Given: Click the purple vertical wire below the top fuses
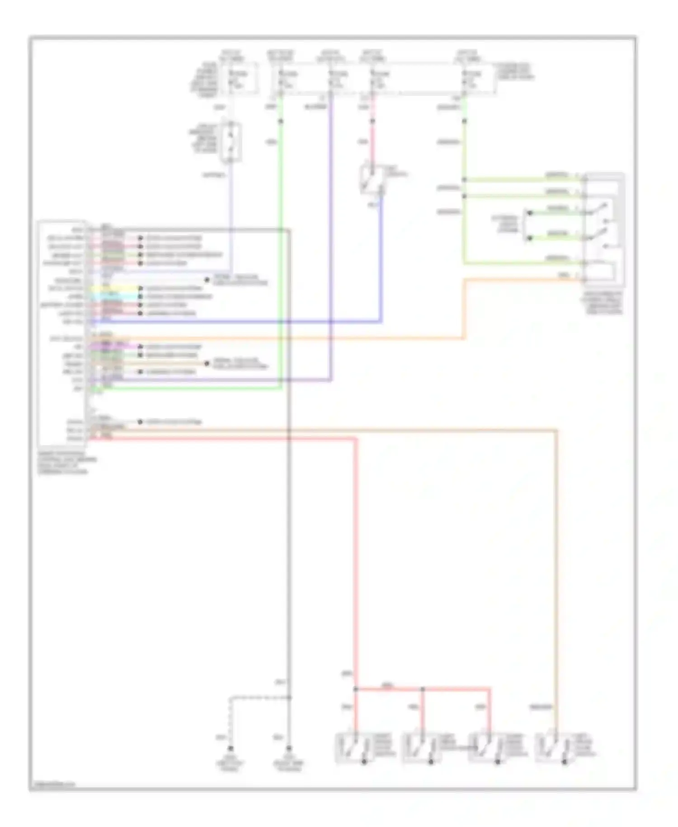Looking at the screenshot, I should point(331,226).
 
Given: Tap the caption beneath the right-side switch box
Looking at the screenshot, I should point(603,303).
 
